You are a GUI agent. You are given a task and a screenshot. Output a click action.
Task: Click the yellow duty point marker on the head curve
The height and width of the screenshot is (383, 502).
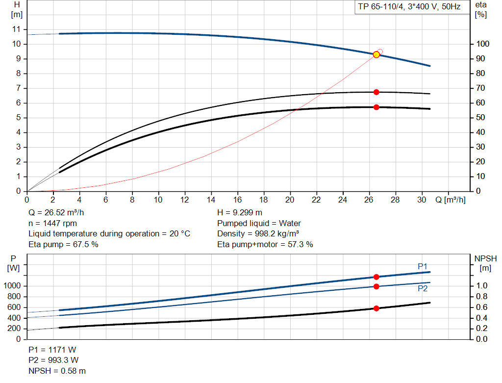(376, 54)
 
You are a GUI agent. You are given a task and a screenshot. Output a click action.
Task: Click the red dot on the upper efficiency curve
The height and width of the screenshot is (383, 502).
(376, 92)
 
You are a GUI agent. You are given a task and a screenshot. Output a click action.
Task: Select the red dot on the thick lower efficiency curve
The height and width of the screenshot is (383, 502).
(376, 107)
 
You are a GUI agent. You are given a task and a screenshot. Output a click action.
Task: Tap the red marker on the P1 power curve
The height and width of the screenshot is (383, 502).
(376, 277)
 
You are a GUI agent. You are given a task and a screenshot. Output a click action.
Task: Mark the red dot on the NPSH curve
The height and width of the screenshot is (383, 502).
(376, 308)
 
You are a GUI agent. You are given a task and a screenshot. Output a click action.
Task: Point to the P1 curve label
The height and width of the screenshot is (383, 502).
(423, 266)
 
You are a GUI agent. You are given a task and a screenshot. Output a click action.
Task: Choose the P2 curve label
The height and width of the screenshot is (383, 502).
(423, 289)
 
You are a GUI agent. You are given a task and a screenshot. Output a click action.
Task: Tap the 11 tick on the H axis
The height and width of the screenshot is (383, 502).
(17, 29)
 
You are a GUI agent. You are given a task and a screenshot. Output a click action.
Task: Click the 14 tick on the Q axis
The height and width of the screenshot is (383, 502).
(211, 200)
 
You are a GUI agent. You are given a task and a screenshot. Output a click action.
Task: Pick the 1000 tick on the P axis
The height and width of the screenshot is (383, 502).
(14, 286)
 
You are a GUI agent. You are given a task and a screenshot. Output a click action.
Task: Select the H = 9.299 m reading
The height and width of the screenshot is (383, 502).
(240, 213)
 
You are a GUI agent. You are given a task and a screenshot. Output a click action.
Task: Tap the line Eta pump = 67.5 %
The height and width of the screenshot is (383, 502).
(63, 244)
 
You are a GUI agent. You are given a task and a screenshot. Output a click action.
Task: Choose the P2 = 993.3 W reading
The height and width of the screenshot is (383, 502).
(52, 360)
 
